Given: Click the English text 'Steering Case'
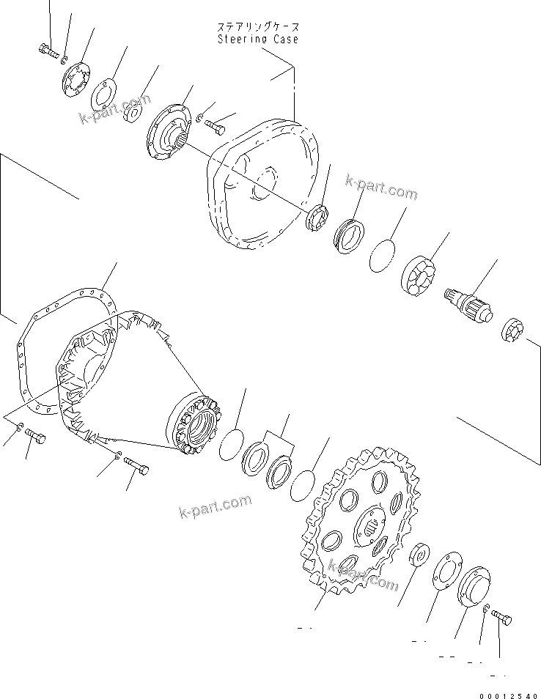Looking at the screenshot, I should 257,39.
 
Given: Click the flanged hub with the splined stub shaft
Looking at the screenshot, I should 168,131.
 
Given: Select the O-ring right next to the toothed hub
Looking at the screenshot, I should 232,445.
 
